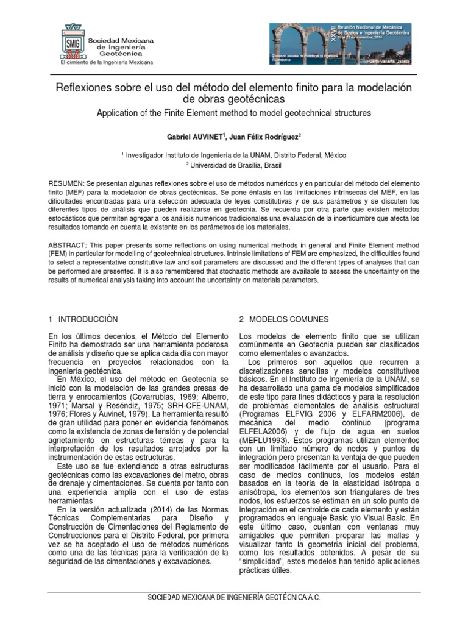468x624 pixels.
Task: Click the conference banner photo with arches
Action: tap(340, 43)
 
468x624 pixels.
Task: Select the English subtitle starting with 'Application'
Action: tap(233, 113)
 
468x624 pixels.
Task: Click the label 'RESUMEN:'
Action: tap(68, 184)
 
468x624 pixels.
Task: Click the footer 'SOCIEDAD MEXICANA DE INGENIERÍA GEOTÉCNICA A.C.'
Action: tap(234, 598)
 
